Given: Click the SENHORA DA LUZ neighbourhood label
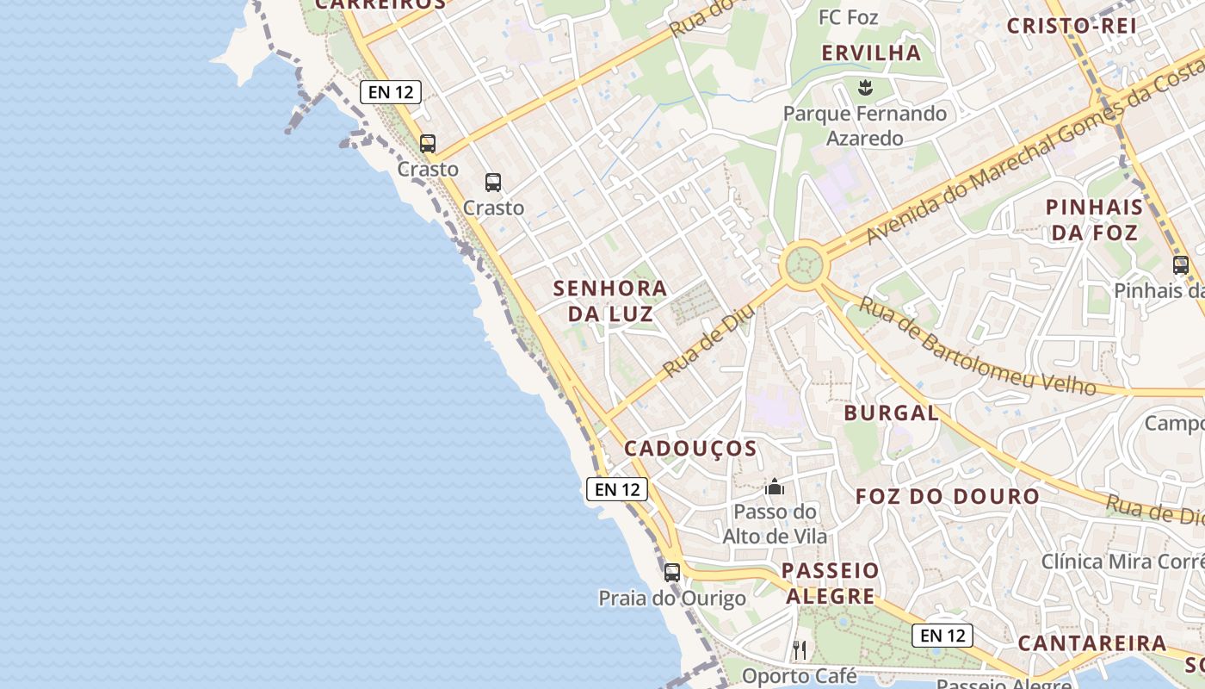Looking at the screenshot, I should point(610,301).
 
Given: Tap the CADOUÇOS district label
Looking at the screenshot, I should point(690,449).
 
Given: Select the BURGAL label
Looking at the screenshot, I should point(891,413).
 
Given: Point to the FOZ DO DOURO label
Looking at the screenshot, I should point(948,496).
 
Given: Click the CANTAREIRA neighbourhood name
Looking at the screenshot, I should point(1091,643).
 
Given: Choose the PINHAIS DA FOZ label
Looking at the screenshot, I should point(1094,220).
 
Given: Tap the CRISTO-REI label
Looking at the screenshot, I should point(1072,25).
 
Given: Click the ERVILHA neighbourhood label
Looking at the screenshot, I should point(871,53).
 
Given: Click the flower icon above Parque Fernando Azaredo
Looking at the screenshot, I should point(865,86).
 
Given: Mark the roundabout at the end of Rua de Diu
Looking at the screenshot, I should point(804,264).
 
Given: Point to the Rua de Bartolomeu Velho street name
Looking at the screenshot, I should point(978,346).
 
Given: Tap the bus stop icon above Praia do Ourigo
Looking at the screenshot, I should point(672,572).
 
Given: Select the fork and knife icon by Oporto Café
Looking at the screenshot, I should point(800,649).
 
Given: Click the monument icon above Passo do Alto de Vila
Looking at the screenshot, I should point(775,487).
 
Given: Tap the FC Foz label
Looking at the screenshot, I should point(848,17).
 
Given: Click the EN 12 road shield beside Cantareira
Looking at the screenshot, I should point(942,636).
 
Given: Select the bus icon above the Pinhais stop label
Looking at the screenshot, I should point(1181,265).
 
